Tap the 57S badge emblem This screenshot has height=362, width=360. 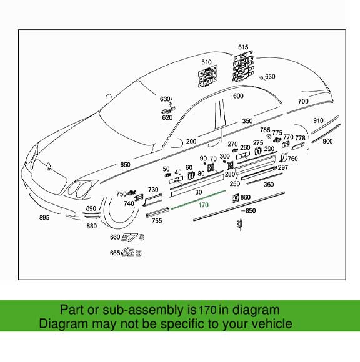133,238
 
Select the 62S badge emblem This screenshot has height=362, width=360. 132,253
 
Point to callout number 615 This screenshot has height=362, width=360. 243,47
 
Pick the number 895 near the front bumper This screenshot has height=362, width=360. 44,217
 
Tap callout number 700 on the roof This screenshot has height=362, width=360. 303,101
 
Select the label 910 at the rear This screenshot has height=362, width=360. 318,120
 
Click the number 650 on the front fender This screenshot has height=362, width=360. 125,165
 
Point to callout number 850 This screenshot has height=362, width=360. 251,212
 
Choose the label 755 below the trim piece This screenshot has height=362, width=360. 157,221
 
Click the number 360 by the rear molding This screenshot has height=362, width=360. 268,185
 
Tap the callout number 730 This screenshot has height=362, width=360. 152,189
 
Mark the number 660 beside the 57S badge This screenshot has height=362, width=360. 114,238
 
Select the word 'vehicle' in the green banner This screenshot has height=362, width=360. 269,324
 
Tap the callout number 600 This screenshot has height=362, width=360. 238,96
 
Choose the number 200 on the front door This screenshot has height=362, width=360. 191,142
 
